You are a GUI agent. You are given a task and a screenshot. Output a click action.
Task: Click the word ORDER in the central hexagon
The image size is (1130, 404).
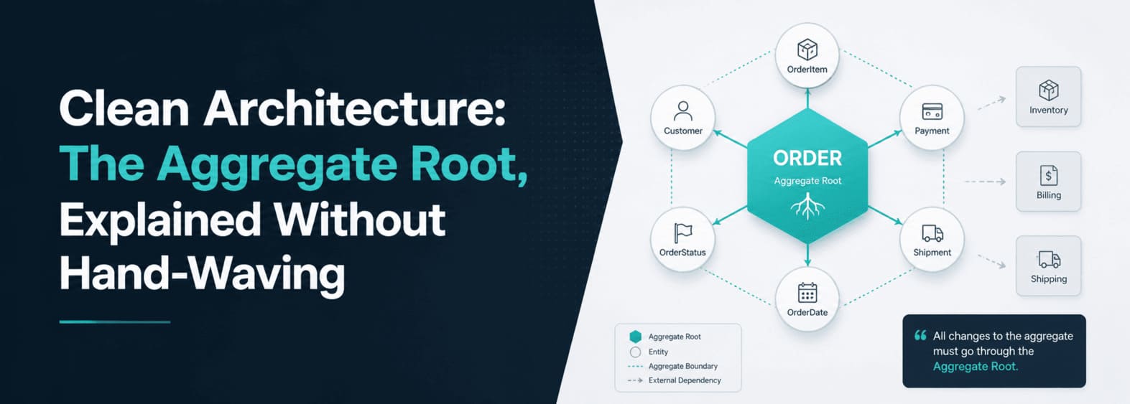pyautogui.click(x=807, y=158)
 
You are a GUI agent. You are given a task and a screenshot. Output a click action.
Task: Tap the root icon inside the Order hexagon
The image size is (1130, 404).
pyautogui.click(x=807, y=205)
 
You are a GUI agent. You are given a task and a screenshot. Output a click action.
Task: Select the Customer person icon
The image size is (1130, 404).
pyautogui.click(x=683, y=111)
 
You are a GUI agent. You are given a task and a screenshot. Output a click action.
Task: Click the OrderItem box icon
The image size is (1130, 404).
pyautogui.click(x=807, y=50)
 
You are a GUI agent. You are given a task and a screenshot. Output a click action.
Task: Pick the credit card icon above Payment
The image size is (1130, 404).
pyautogui.click(x=932, y=111)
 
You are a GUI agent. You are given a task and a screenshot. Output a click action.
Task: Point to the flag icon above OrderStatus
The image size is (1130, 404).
pyautogui.click(x=682, y=233)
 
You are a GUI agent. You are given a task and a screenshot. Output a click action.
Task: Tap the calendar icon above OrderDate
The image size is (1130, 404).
pyautogui.click(x=807, y=293)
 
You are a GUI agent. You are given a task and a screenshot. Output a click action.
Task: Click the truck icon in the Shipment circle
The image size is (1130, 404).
pyautogui.click(x=932, y=233)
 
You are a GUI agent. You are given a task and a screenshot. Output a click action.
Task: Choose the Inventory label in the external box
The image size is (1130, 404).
pyautogui.click(x=1049, y=111)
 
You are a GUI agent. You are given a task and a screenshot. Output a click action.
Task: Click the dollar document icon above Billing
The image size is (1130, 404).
pyautogui.click(x=1049, y=175)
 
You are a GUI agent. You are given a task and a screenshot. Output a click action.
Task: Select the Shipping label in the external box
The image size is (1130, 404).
pyautogui.click(x=1049, y=279)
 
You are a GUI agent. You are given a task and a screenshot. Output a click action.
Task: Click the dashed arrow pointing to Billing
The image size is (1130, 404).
pyautogui.click(x=985, y=182)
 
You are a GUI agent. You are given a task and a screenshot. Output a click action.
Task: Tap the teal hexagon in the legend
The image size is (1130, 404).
pyautogui.click(x=636, y=337)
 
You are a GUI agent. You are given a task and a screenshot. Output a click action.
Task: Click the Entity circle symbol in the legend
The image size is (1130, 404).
pyautogui.click(x=636, y=352)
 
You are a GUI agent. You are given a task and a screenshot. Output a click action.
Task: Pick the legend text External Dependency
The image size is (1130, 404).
pyautogui.click(x=685, y=380)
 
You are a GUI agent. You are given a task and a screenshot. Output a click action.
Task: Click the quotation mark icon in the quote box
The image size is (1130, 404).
pyautogui.click(x=920, y=336)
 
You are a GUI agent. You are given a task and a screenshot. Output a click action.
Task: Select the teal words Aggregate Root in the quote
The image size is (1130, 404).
pyautogui.click(x=975, y=366)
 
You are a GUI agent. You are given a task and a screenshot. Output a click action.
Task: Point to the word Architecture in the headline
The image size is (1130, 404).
pyautogui.click(x=354, y=108)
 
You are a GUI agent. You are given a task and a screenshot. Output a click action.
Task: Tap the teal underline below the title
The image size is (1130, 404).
pyautogui.click(x=114, y=322)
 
